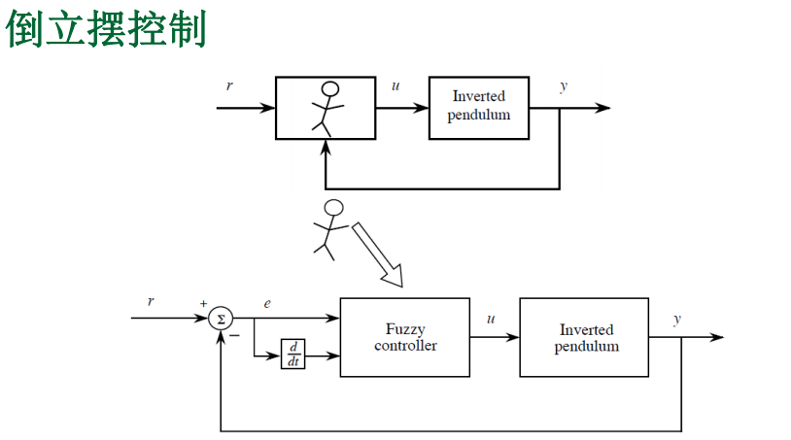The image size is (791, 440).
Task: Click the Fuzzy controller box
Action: coord(405,337)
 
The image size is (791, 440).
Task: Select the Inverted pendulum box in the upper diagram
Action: coord(479,107)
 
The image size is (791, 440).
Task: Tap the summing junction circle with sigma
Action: coord(222,318)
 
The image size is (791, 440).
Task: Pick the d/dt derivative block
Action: coord(292,355)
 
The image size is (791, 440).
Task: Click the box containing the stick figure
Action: coord(326,107)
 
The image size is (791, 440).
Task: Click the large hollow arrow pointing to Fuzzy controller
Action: coord(376,254)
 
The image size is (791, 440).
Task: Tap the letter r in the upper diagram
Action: coord(229,86)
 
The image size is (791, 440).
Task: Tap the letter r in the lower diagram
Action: coord(151,301)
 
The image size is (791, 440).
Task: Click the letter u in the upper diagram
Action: coord(395,86)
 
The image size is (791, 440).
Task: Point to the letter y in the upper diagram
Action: coord(564,86)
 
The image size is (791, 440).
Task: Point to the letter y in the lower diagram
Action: coord(677,318)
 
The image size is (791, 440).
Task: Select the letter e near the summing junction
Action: coord(267,304)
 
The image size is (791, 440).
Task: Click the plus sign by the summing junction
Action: coord(204,304)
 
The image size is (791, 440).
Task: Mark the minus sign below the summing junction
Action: coord(234,336)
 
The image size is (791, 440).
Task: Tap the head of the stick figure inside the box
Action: coord(330,89)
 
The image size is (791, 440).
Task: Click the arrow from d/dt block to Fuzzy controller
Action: coord(323,355)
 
